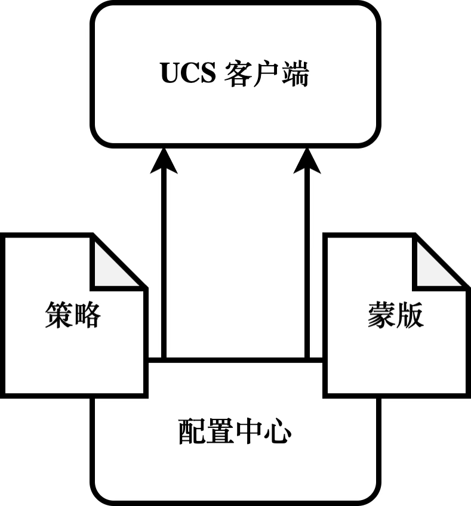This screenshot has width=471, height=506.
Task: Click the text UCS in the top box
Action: click(x=188, y=74)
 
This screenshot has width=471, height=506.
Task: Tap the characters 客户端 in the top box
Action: click(x=267, y=74)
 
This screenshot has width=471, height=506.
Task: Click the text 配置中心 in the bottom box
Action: click(x=235, y=431)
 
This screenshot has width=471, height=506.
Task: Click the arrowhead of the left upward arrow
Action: click(x=164, y=161)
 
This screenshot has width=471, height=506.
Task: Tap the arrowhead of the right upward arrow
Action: click(x=308, y=161)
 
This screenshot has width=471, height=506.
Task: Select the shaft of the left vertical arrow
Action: click(x=164, y=263)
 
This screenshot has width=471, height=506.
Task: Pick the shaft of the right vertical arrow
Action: click(x=308, y=263)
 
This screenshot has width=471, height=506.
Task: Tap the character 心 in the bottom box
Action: click(x=278, y=431)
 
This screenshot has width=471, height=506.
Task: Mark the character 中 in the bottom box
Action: click(x=250, y=431)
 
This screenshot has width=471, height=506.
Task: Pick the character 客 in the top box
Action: click(x=239, y=74)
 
